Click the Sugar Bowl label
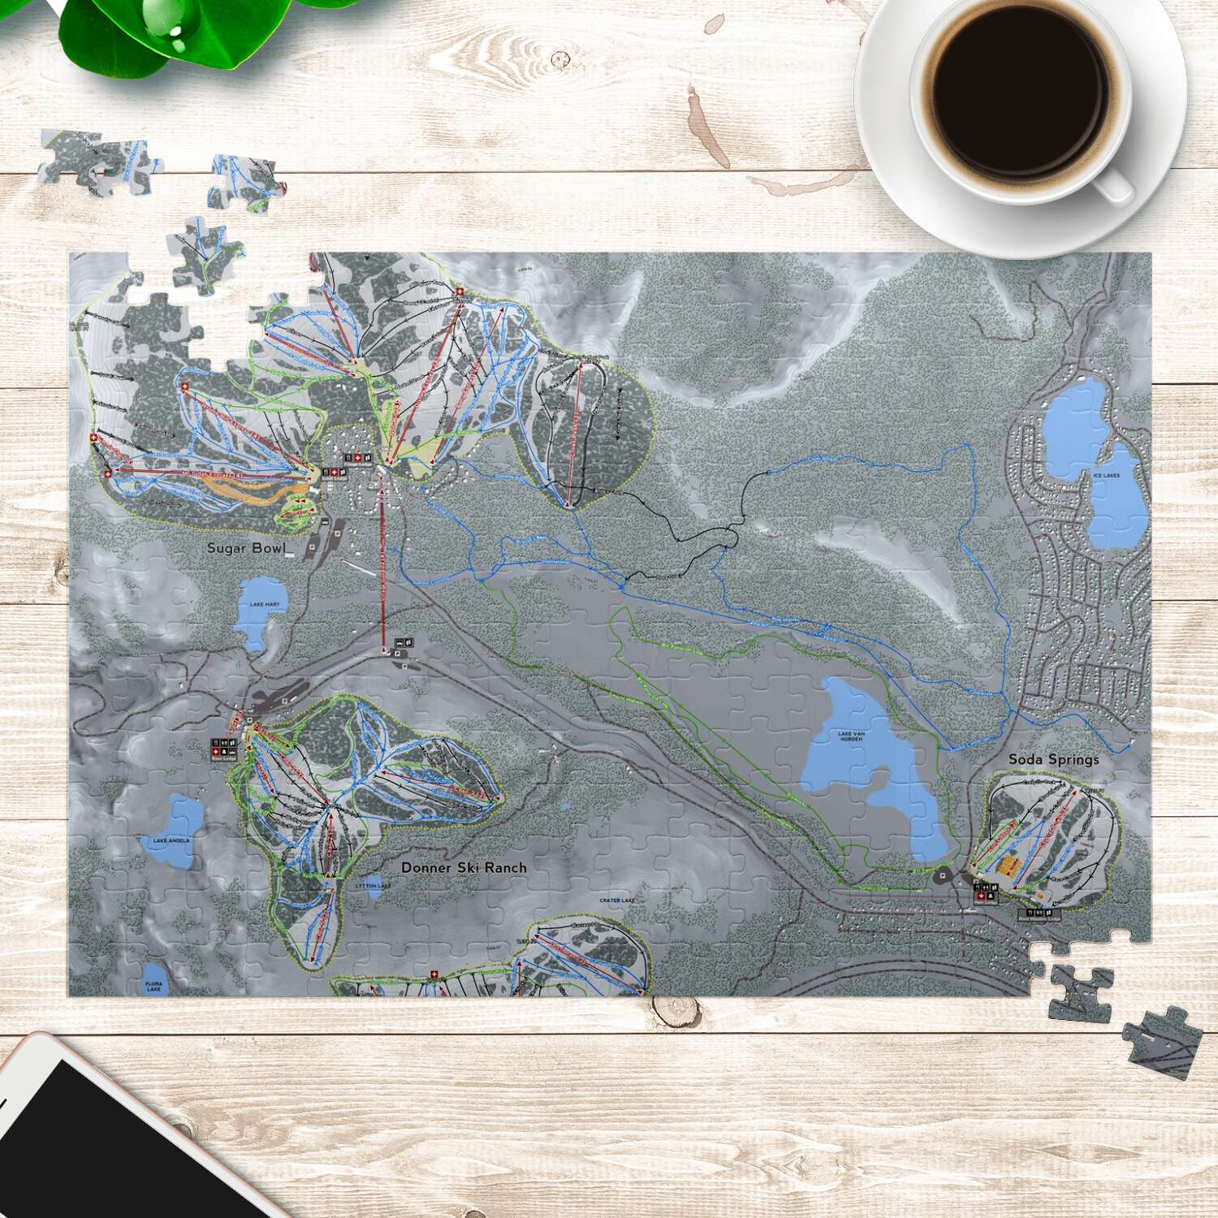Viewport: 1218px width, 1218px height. click(246, 548)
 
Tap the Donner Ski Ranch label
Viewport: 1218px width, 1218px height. click(464, 867)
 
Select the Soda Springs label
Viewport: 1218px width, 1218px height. click(1053, 759)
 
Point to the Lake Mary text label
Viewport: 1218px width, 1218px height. click(265, 604)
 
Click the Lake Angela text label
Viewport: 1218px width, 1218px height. click(171, 840)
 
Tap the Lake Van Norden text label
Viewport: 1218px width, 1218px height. click(851, 736)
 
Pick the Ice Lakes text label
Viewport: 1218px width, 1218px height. click(1106, 475)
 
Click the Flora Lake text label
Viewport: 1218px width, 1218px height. click(153, 986)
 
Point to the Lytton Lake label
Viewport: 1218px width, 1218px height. click(373, 886)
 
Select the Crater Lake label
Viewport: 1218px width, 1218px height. click(616, 901)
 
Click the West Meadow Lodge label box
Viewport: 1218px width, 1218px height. click(1039, 916)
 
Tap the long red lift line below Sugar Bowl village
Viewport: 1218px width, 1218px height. click(382, 568)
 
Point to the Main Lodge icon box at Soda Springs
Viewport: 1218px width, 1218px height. click(986, 892)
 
